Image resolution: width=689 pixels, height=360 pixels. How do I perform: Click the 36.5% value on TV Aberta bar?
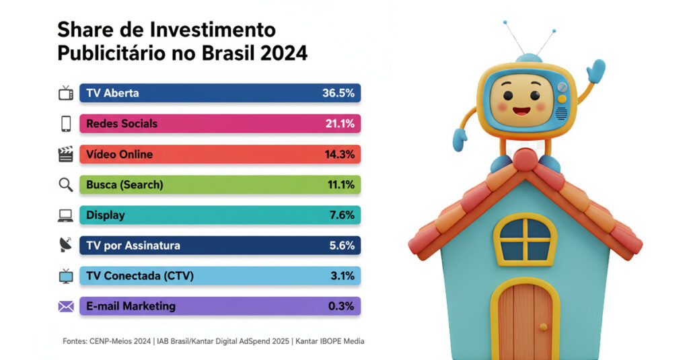pyautogui.click(x=338, y=93)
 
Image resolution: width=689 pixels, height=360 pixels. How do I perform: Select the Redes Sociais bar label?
pyautogui.click(x=122, y=124)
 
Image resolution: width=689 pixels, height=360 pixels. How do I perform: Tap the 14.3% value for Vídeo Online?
pyautogui.click(x=339, y=154)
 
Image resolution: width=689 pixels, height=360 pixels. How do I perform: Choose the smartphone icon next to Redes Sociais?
pyautogui.click(x=66, y=124)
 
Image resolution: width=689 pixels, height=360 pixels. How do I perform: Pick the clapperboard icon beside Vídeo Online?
pyautogui.click(x=65, y=154)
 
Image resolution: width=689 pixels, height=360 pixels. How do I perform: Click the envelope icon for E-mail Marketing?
pyautogui.click(x=66, y=307)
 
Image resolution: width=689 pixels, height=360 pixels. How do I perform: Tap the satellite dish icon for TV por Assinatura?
pyautogui.click(x=65, y=246)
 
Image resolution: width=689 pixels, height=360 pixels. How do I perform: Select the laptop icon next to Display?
pyautogui.click(x=65, y=215)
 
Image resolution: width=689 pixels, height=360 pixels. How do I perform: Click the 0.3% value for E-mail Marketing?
pyautogui.click(x=341, y=306)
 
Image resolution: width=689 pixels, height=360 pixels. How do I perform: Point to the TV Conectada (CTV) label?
pyautogui.click(x=140, y=276)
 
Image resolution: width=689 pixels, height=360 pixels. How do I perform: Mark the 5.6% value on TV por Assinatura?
pyautogui.click(x=341, y=246)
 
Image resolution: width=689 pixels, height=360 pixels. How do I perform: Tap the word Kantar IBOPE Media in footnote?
pyautogui.click(x=330, y=341)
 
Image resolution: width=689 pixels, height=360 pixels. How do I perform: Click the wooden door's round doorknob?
pyautogui.click(x=543, y=327)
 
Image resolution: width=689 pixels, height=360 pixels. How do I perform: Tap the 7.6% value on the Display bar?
pyautogui.click(x=341, y=215)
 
